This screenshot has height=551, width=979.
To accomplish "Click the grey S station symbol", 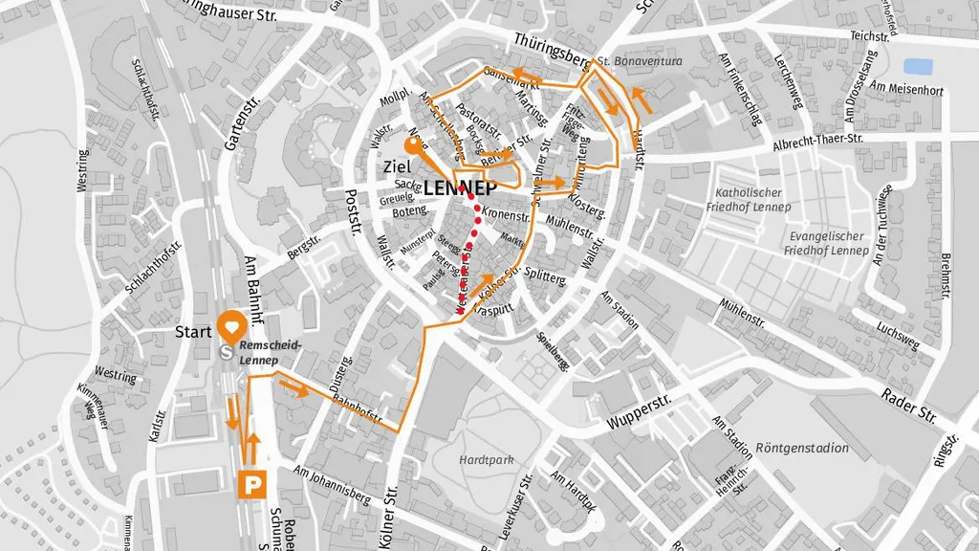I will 228,351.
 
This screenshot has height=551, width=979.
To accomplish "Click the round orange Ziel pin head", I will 416,146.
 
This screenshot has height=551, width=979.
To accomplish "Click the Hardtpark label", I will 486,460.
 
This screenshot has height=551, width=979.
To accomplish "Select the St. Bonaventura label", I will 639,61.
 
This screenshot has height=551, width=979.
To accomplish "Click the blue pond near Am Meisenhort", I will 918,67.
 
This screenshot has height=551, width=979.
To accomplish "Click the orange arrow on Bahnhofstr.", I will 294,387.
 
